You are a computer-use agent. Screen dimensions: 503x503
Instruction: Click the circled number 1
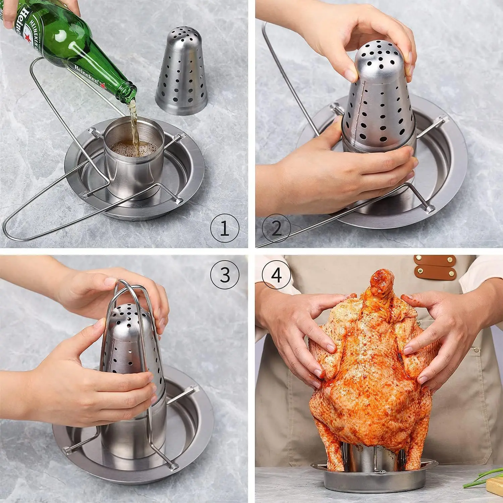[x=224, y=228]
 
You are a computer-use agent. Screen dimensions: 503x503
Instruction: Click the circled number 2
[x=276, y=228]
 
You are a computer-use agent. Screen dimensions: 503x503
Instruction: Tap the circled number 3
[x=224, y=275]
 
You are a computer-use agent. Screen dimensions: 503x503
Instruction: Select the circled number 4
[x=276, y=275]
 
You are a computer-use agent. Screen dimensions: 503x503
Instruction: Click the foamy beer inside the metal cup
[x=134, y=148]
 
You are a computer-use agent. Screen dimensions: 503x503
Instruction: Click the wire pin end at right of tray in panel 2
[x=429, y=209]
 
